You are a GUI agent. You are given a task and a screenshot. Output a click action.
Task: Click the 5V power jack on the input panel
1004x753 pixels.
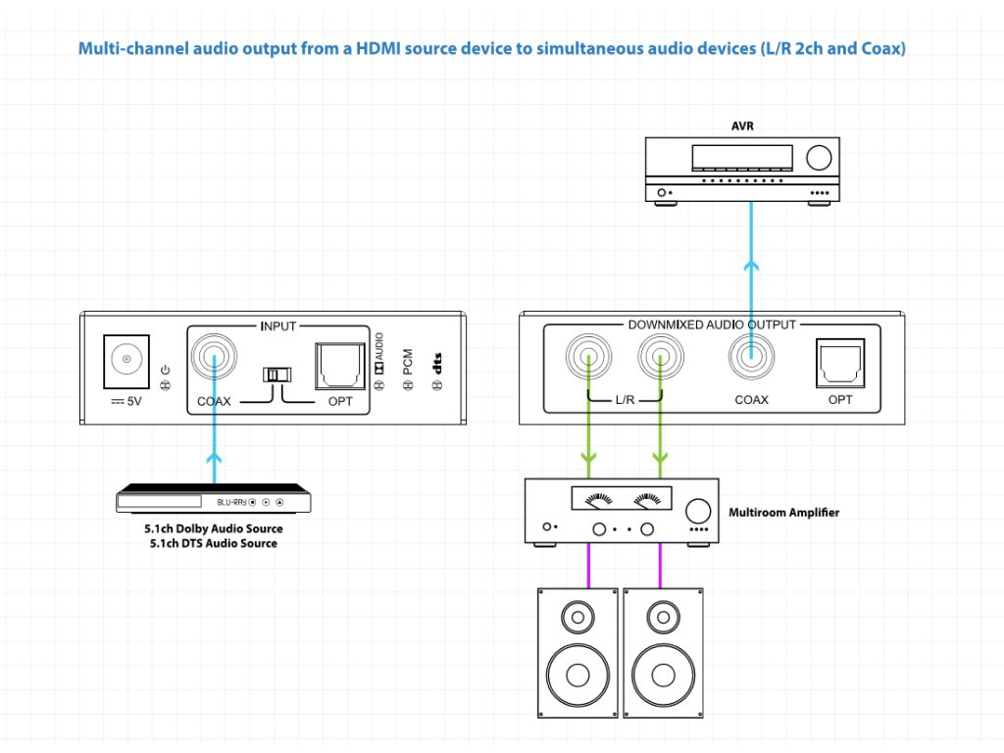[126, 361]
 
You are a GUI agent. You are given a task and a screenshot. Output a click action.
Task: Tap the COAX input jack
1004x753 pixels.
[214, 356]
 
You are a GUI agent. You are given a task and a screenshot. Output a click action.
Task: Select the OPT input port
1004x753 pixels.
[340, 367]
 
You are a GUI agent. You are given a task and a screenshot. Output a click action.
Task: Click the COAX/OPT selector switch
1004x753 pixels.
[277, 374]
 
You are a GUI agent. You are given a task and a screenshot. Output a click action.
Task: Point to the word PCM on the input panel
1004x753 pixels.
[408, 362]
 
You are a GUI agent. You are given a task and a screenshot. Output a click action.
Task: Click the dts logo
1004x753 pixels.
[437, 363]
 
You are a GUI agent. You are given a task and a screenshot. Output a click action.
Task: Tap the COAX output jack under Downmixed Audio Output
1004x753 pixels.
[751, 356]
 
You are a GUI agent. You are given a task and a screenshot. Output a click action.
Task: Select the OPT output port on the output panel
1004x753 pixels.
[840, 363]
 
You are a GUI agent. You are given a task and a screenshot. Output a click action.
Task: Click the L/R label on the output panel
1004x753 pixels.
[625, 400]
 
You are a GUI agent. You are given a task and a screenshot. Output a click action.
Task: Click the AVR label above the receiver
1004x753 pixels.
[743, 126]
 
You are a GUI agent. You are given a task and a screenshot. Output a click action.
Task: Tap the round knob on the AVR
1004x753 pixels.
[819, 158]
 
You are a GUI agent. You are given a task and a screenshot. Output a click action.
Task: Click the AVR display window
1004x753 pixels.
[742, 158]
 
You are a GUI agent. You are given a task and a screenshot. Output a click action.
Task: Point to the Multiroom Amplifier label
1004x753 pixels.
[783, 512]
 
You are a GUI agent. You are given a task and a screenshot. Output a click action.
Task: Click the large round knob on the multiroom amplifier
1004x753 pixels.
[698, 511]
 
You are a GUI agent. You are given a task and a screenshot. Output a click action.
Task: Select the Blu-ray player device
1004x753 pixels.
[213, 498]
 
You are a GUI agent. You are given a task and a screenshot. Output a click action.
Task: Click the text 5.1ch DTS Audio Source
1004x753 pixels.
[213, 543]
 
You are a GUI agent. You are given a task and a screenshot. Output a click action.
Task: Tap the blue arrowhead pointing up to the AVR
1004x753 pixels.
[751, 265]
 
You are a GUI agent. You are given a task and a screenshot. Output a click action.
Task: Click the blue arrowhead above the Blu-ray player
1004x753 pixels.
[214, 459]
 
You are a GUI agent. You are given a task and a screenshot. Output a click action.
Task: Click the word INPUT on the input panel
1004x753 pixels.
[277, 326]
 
